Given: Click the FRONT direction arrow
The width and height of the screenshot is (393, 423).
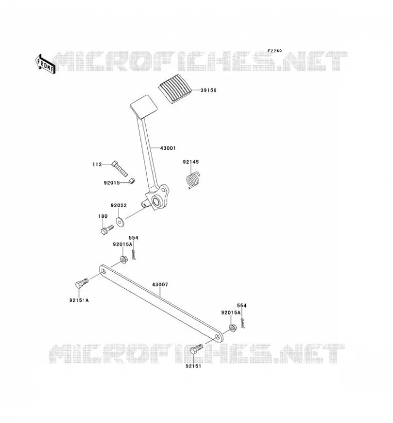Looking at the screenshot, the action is click(x=46, y=64).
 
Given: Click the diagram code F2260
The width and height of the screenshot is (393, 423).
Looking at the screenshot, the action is click(x=275, y=51).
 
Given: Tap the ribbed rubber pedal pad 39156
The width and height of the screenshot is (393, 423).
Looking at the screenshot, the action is click(x=175, y=88).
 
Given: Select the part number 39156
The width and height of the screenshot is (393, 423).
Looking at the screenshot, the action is click(x=208, y=90).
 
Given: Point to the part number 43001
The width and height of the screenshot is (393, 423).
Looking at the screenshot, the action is click(x=168, y=148).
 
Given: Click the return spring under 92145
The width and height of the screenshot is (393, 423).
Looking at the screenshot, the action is click(x=193, y=180).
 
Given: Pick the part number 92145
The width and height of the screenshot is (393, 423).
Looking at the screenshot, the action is click(x=191, y=162).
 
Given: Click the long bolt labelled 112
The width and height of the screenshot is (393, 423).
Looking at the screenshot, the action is click(x=119, y=168).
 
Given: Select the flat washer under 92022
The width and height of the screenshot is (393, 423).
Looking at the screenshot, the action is click(x=120, y=222).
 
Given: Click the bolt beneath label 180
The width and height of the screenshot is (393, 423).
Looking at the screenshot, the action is click(x=107, y=230).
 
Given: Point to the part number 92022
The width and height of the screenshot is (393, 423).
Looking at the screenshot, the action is click(x=119, y=205).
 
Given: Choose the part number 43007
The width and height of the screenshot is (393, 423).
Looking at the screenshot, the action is click(x=160, y=284).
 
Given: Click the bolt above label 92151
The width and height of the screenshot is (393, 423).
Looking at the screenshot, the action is click(x=196, y=349).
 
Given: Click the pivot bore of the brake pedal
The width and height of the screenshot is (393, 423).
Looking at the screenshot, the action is click(x=156, y=201).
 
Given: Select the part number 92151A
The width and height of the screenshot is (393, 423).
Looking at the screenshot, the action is click(x=79, y=300).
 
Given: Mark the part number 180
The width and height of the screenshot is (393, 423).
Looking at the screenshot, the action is click(x=103, y=216).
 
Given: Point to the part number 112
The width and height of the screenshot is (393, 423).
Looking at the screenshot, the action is click(x=97, y=164).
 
